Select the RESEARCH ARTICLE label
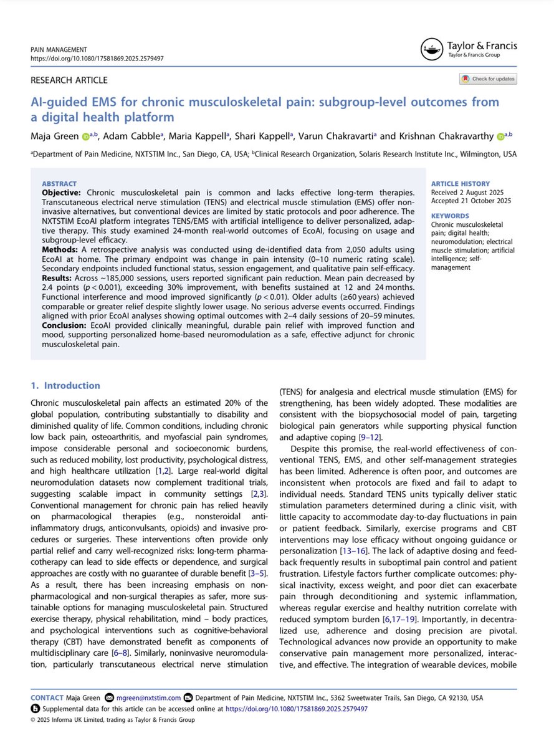69,80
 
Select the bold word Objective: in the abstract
61,193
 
